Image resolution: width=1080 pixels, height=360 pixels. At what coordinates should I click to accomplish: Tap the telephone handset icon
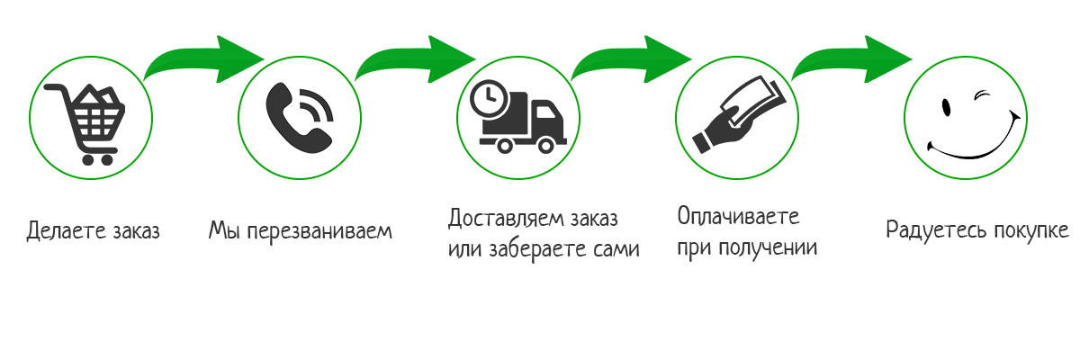pos(299,117)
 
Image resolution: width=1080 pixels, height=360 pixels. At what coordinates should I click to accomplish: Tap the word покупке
pos(1030,229)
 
